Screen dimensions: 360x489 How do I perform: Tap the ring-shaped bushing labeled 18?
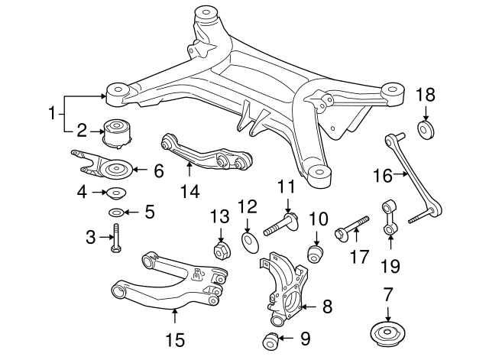coord(426,128)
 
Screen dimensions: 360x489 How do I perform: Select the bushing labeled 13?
coord(221,250)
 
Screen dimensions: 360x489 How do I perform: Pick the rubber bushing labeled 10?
coord(314,252)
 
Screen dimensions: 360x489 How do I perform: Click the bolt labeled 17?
coord(351,229)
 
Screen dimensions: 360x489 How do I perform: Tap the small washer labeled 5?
coord(116,212)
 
